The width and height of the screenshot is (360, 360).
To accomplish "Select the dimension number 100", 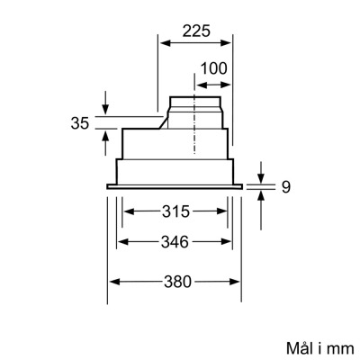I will [212, 68].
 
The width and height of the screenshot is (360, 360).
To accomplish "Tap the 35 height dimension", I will [80, 123].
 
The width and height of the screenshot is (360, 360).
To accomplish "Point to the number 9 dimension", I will [285, 187].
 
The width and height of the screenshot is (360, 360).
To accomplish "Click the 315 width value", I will [175, 212].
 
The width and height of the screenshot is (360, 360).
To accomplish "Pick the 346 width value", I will [175, 241].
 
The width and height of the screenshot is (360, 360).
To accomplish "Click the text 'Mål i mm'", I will [315, 346].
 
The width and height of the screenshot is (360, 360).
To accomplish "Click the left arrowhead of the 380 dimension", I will [112, 282].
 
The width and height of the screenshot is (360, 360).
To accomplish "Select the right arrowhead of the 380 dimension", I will [241, 282].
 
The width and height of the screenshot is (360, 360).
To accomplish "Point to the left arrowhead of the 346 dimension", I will [121, 241].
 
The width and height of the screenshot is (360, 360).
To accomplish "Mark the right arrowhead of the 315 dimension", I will [225, 212].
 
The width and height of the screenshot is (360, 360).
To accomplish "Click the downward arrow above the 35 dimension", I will [106, 109].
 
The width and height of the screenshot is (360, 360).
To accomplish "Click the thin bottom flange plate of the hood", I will [177, 186].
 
